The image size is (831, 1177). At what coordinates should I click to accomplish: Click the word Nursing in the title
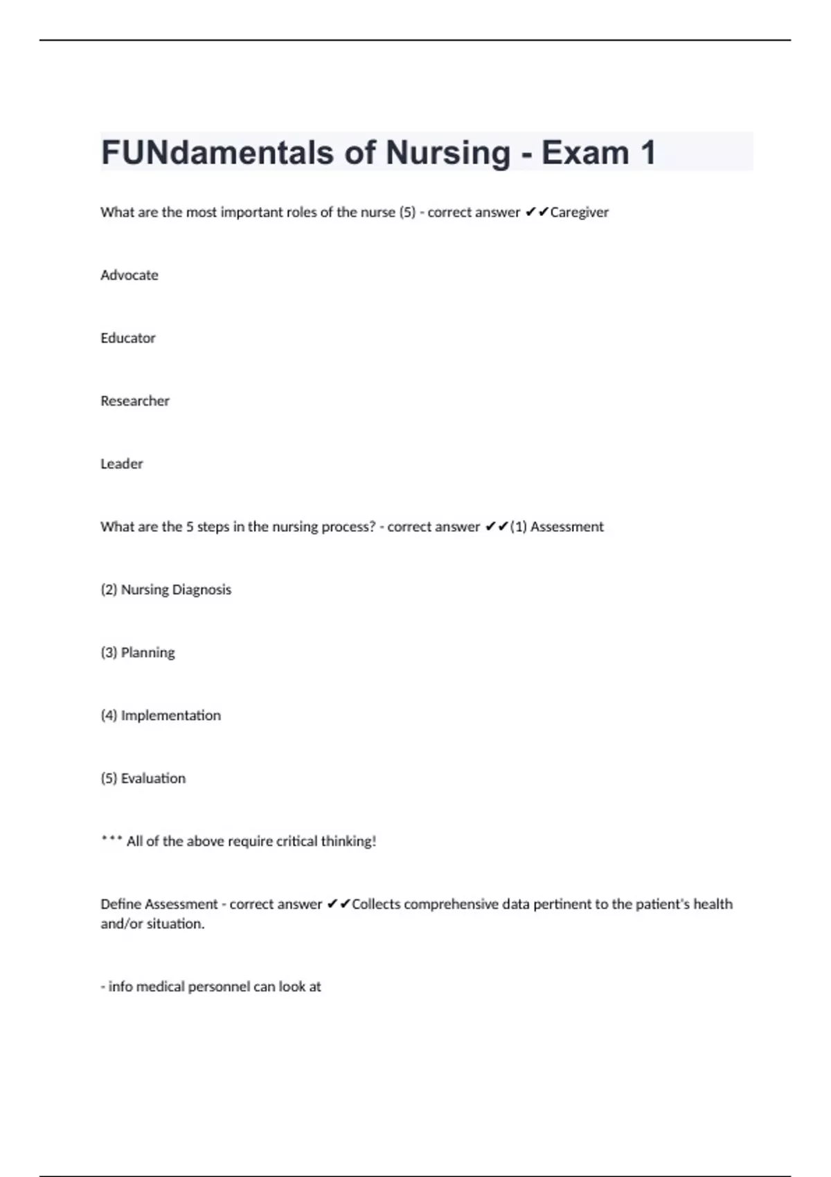tap(447, 153)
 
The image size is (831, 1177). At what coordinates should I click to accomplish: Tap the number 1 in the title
tap(647, 153)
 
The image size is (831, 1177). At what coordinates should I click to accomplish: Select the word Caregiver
tap(579, 213)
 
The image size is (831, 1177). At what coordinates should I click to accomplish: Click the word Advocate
tap(129, 276)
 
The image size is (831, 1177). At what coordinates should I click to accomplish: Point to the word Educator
tap(128, 339)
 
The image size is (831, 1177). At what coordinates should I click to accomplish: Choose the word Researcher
tap(135, 402)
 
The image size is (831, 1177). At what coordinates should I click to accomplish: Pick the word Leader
tap(122, 464)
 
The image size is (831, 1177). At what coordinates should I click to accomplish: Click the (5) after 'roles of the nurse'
tap(407, 213)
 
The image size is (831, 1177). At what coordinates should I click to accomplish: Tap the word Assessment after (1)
tap(566, 527)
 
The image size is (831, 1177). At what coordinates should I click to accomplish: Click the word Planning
tap(148, 653)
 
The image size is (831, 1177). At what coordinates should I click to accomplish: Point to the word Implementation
tap(171, 716)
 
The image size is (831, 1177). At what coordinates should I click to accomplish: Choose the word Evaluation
tap(153, 779)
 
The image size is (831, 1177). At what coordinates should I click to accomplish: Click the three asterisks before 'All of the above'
tap(111, 840)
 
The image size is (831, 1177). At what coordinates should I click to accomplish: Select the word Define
tap(120, 904)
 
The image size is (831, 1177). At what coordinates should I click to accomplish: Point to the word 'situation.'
tap(175, 924)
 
